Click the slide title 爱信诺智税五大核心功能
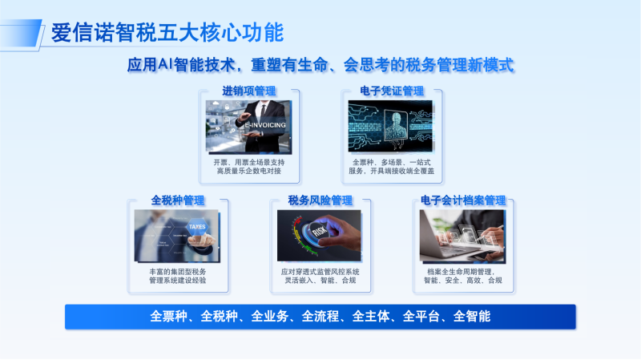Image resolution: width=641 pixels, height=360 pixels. coord(167,33)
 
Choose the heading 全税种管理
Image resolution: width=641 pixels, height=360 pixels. coord(178,200)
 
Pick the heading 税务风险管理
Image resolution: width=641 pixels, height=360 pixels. coord(320,200)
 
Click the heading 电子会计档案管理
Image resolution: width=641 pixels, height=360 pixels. coord(462,200)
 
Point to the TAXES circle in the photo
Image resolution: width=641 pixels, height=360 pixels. coord(196,227)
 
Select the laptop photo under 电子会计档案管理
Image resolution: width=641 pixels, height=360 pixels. coord(462,236)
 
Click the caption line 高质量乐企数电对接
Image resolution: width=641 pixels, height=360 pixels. coord(249,171)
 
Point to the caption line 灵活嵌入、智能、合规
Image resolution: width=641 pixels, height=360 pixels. coord(320,281)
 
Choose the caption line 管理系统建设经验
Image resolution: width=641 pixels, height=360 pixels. coord(178,281)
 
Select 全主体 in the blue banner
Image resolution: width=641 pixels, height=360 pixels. coord(371,316)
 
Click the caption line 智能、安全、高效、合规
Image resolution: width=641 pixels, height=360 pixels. coord(462,281)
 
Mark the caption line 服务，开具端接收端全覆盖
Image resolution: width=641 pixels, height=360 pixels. coord(391,171)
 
